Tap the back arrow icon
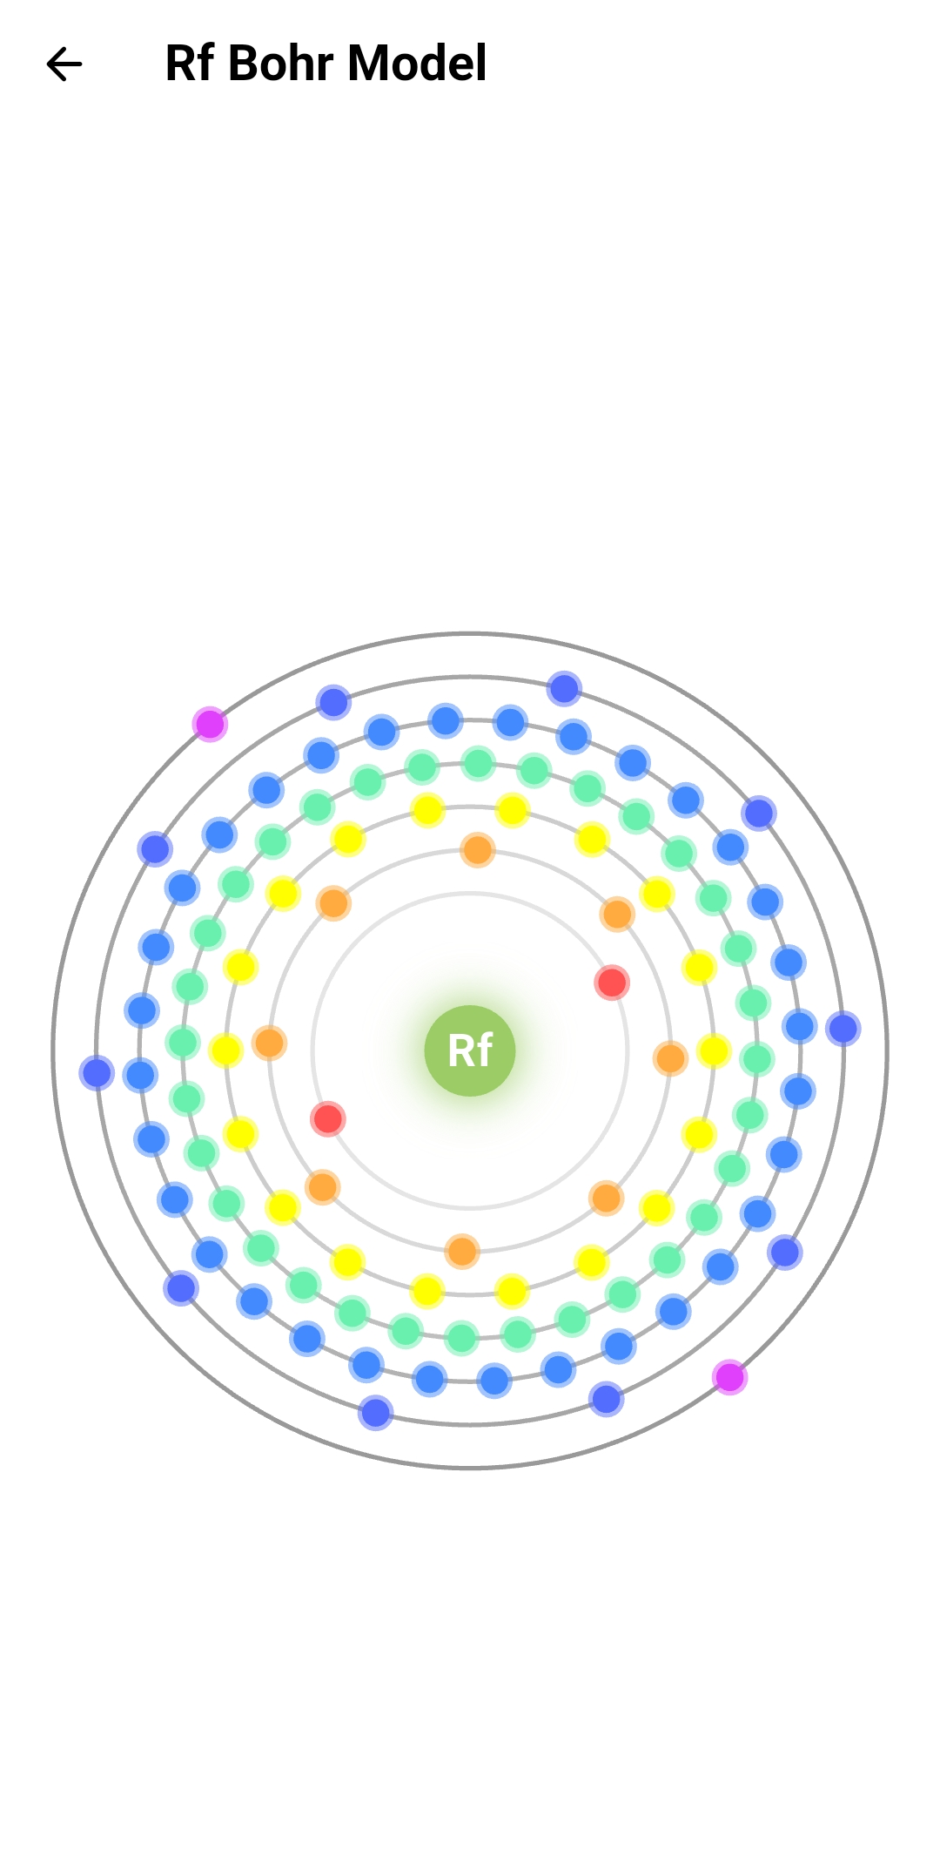(64, 64)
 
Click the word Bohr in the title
(280, 64)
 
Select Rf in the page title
(189, 64)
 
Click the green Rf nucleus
(470, 1050)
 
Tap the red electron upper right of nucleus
(612, 983)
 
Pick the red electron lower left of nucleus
(328, 1118)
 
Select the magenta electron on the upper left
(210, 724)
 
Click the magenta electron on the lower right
(729, 1377)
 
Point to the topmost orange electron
(478, 849)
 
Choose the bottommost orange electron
(462, 1252)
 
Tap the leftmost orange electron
(270, 1043)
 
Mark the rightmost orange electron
(670, 1058)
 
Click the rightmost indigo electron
(843, 1029)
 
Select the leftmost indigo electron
(97, 1072)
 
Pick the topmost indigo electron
(564, 689)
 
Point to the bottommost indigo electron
(376, 1412)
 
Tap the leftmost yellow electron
(225, 1050)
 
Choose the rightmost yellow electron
(714, 1050)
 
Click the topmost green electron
(478, 763)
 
